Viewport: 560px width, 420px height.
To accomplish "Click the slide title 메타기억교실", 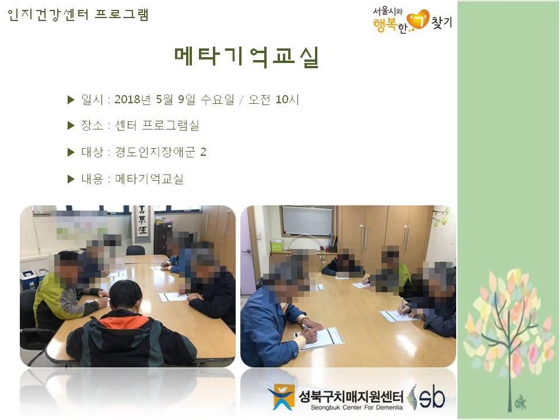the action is tap(246, 57).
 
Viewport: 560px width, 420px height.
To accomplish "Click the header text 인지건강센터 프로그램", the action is tap(78, 15).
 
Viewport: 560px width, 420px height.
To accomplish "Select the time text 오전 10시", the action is tap(274, 99).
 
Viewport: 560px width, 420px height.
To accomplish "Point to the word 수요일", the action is tap(217, 99).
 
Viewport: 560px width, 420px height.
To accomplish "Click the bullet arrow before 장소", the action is tap(71, 125).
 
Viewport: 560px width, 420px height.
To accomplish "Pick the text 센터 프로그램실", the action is tap(157, 125).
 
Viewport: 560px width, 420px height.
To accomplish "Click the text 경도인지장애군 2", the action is tap(160, 152).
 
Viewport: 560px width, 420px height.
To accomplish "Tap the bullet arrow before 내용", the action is tap(71, 179).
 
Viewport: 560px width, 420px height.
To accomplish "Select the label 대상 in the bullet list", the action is tap(92, 152).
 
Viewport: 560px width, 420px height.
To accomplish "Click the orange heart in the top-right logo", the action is tap(418, 20).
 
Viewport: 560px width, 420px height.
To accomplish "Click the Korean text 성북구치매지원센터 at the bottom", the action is tap(351, 397).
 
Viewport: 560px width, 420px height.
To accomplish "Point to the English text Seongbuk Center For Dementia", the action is tap(356, 408).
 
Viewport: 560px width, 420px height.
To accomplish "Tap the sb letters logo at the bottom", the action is tap(432, 398).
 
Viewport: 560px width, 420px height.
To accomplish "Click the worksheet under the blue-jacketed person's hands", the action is tap(319, 338).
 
